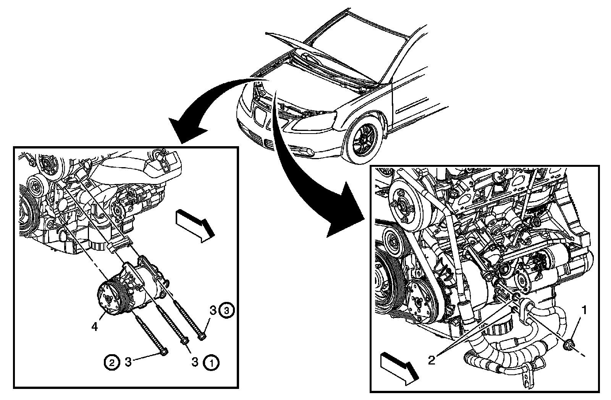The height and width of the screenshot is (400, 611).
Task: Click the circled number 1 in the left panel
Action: pyautogui.click(x=212, y=362)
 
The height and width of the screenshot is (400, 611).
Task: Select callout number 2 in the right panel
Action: pyautogui.click(x=432, y=360)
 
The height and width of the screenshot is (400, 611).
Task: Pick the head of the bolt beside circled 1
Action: pyautogui.click(x=186, y=340)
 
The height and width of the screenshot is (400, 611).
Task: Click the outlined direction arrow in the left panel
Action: pyautogui.click(x=193, y=225)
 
